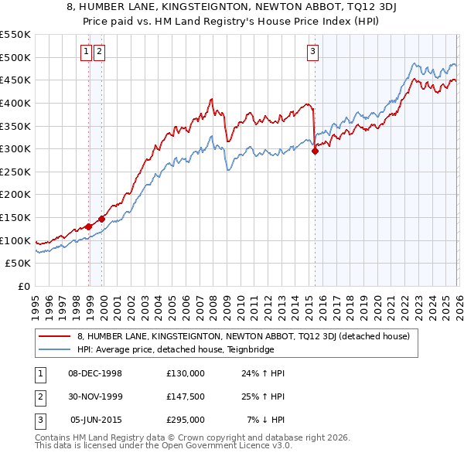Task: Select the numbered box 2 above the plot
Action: pyautogui.click(x=101, y=52)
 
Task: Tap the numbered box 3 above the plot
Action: pyautogui.click(x=312, y=52)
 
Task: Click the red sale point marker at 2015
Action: pyautogui.click(x=315, y=151)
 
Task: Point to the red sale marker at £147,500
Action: pyautogui.click(x=102, y=219)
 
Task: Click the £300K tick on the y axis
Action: pyautogui.click(x=15, y=148)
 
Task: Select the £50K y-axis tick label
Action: pyautogui.click(x=19, y=264)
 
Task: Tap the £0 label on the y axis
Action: pyautogui.click(x=23, y=287)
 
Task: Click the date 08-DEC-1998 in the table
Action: pyautogui.click(x=95, y=373)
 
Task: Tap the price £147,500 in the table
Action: pyautogui.click(x=186, y=396)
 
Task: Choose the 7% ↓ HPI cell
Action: pyautogui.click(x=266, y=420)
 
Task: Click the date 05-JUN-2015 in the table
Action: pyautogui.click(x=95, y=420)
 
